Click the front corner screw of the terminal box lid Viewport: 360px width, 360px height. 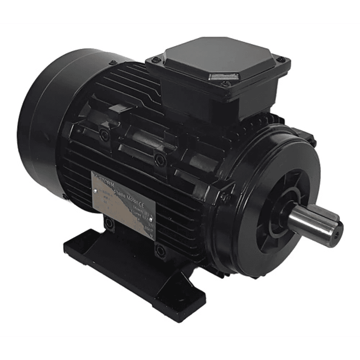(x=226, y=84)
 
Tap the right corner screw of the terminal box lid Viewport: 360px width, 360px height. (x=281, y=60)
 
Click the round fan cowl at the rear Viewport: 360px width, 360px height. (x=45, y=125)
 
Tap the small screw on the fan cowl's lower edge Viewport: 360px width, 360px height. (x=65, y=196)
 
